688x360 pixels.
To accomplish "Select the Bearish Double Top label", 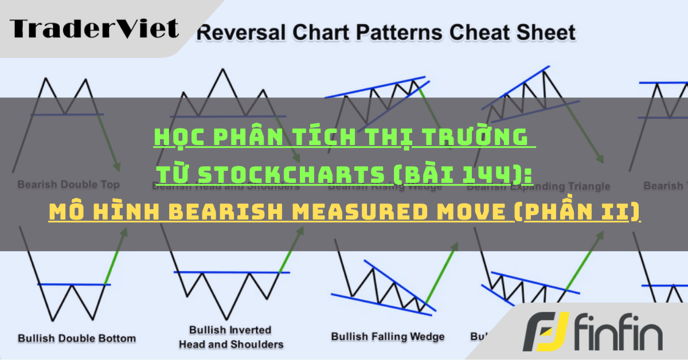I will (68, 185).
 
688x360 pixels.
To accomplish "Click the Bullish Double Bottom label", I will (77, 338).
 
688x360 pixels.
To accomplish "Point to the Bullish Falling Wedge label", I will (388, 336).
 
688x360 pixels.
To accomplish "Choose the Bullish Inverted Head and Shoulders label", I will (231, 337).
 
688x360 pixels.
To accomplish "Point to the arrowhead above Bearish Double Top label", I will (117, 166).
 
